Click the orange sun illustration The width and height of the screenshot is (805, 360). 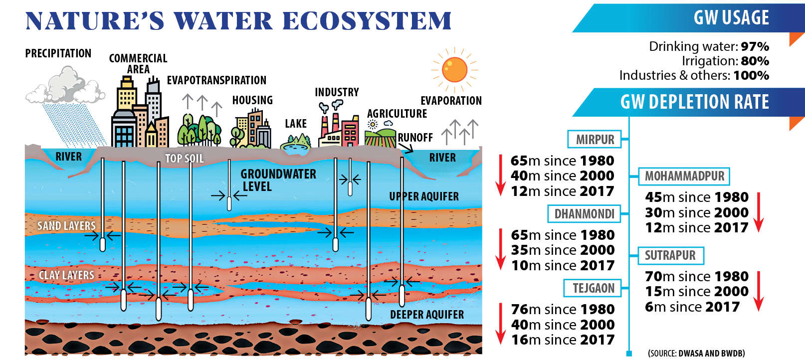pyautogui.click(x=454, y=70)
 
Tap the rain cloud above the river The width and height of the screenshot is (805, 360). pyautogui.click(x=65, y=85)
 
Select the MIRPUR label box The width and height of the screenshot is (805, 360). pyautogui.click(x=595, y=140)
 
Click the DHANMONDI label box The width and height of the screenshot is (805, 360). pyautogui.click(x=584, y=214)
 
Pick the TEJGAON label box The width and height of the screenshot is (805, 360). pyautogui.click(x=592, y=288)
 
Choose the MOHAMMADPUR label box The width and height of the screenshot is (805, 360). pyautogui.click(x=684, y=176)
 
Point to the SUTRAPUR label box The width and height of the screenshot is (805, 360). pyautogui.click(x=671, y=255)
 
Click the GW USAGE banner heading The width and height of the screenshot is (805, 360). pyautogui.click(x=731, y=17)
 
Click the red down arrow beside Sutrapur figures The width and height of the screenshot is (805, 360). pyautogui.click(x=758, y=291)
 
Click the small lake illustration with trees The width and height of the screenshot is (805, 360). pyautogui.click(x=296, y=142)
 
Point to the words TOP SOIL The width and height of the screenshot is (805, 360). pyautogui.click(x=185, y=159)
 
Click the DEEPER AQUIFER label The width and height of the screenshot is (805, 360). pyautogui.click(x=427, y=315)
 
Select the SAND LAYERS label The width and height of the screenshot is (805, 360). pyautogui.click(x=66, y=226)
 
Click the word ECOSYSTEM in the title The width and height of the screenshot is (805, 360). pyautogui.click(x=367, y=21)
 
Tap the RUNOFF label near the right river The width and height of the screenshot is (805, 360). pyautogui.click(x=415, y=138)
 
